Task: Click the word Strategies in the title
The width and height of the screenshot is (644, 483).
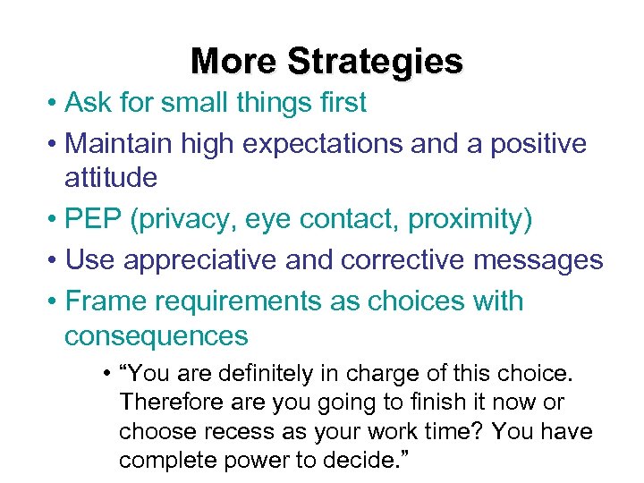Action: [x=375, y=62]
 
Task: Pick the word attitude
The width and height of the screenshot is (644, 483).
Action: [x=110, y=177]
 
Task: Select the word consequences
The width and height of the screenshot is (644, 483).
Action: [x=156, y=335]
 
